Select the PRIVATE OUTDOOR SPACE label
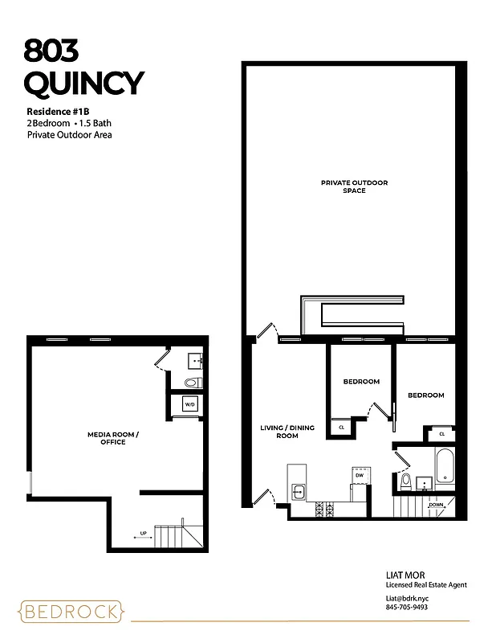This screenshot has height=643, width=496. (x=354, y=186)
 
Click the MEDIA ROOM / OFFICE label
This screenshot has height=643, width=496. (x=112, y=438)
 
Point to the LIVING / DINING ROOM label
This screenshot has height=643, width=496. (x=279, y=432)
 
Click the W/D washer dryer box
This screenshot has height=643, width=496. (x=191, y=403)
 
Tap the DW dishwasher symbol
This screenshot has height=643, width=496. (x=360, y=475)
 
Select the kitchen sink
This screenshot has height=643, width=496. (x=298, y=490)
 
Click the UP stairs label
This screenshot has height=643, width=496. (x=143, y=532)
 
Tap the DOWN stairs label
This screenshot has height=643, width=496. (x=436, y=505)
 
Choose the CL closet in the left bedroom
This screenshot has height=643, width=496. (x=341, y=428)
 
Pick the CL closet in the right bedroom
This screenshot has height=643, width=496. (x=441, y=434)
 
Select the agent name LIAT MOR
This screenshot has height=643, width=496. (x=404, y=575)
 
